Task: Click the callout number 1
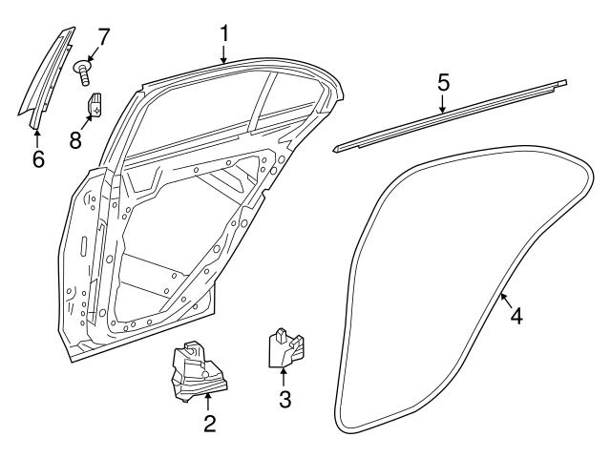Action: [224, 34]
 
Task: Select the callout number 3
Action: [284, 400]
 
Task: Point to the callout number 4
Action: [516, 315]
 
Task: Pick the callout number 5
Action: [443, 83]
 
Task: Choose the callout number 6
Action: [38, 159]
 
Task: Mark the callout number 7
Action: [103, 38]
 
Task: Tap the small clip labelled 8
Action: [96, 106]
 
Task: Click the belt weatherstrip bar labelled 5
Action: [449, 116]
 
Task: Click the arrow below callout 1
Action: [224, 55]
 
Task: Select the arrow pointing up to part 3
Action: [284, 377]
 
